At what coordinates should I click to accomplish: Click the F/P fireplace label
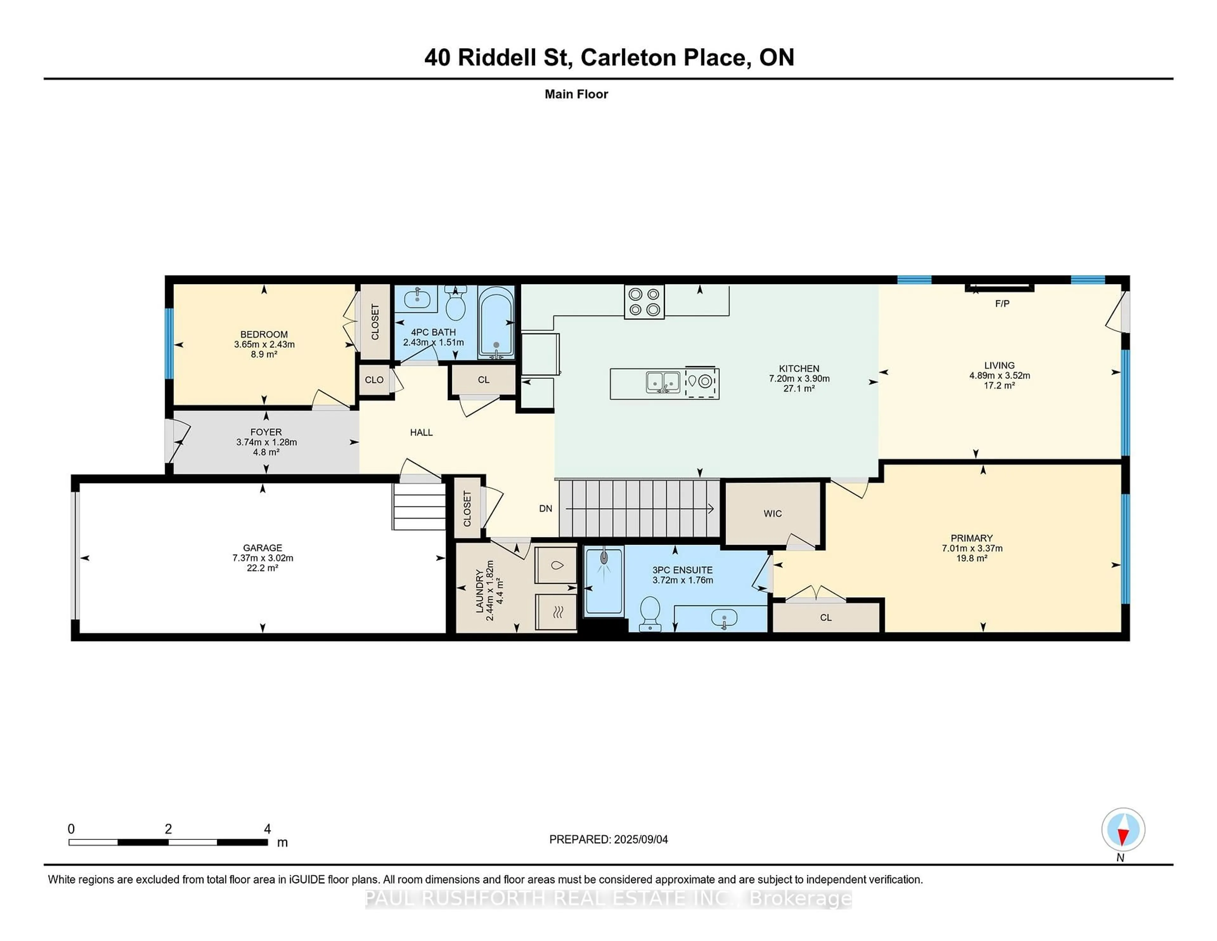click(1002, 304)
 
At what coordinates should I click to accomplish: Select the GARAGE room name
click(262, 548)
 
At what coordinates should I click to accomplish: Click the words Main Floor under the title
click(576, 94)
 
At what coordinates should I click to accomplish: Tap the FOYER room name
click(266, 432)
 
